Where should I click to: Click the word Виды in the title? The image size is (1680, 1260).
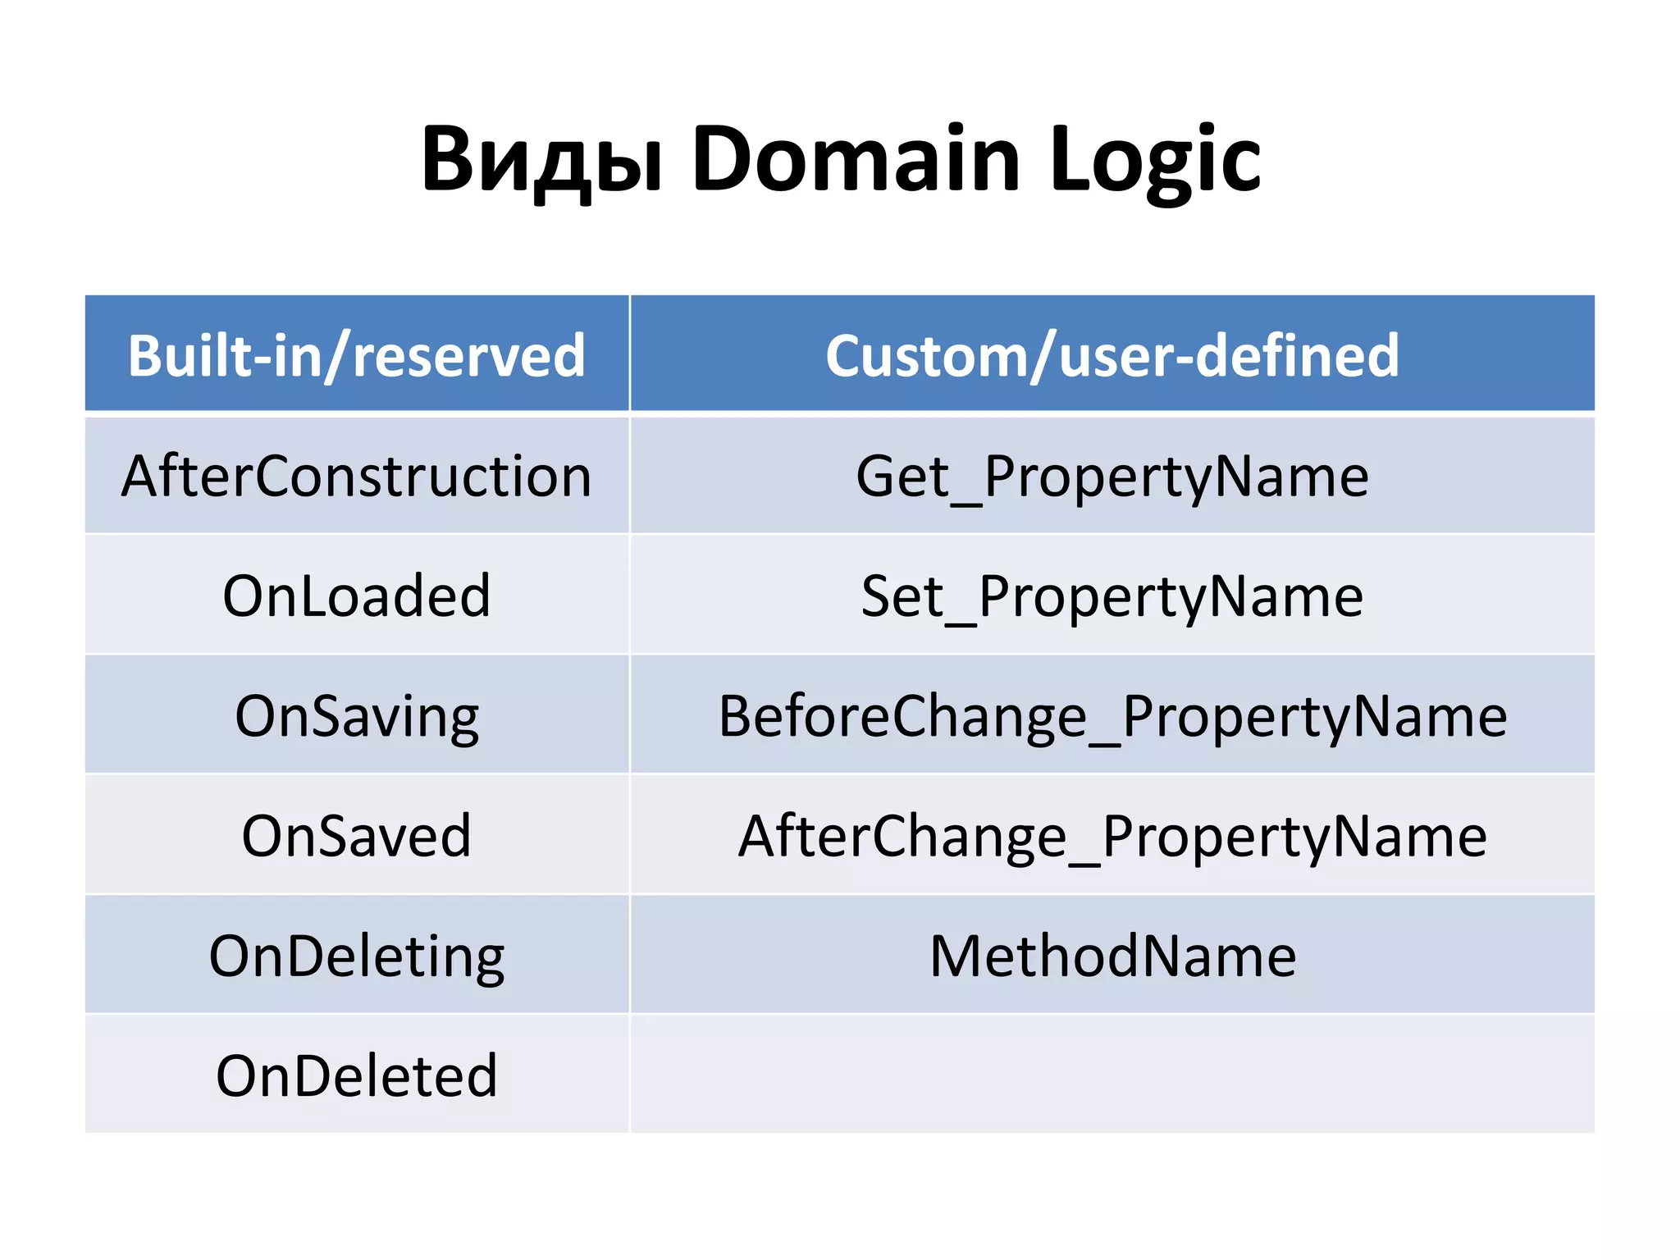pos(541,160)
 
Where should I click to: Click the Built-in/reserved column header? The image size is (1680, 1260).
pos(357,355)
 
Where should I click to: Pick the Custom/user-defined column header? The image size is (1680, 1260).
pos(1112,355)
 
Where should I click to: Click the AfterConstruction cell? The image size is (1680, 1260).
pos(357,476)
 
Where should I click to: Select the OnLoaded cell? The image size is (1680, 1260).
pos(357,596)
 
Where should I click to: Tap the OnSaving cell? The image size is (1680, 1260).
pos(357,716)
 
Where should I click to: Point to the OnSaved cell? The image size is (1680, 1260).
pos(357,836)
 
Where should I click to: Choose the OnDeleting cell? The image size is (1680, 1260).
pos(357,956)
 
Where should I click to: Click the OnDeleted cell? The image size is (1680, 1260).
pos(357,1075)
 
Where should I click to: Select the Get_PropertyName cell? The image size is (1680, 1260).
pos(1112,476)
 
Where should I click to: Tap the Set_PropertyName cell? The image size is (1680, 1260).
pos(1112,596)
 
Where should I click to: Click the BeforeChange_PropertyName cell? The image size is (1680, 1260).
pos(1112,716)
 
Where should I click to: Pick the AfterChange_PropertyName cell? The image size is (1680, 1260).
pos(1112,836)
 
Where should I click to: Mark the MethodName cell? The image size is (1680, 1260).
pos(1112,956)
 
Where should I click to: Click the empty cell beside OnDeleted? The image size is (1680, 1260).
pos(1112,1075)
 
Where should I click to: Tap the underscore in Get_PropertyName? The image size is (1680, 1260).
pos(966,502)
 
